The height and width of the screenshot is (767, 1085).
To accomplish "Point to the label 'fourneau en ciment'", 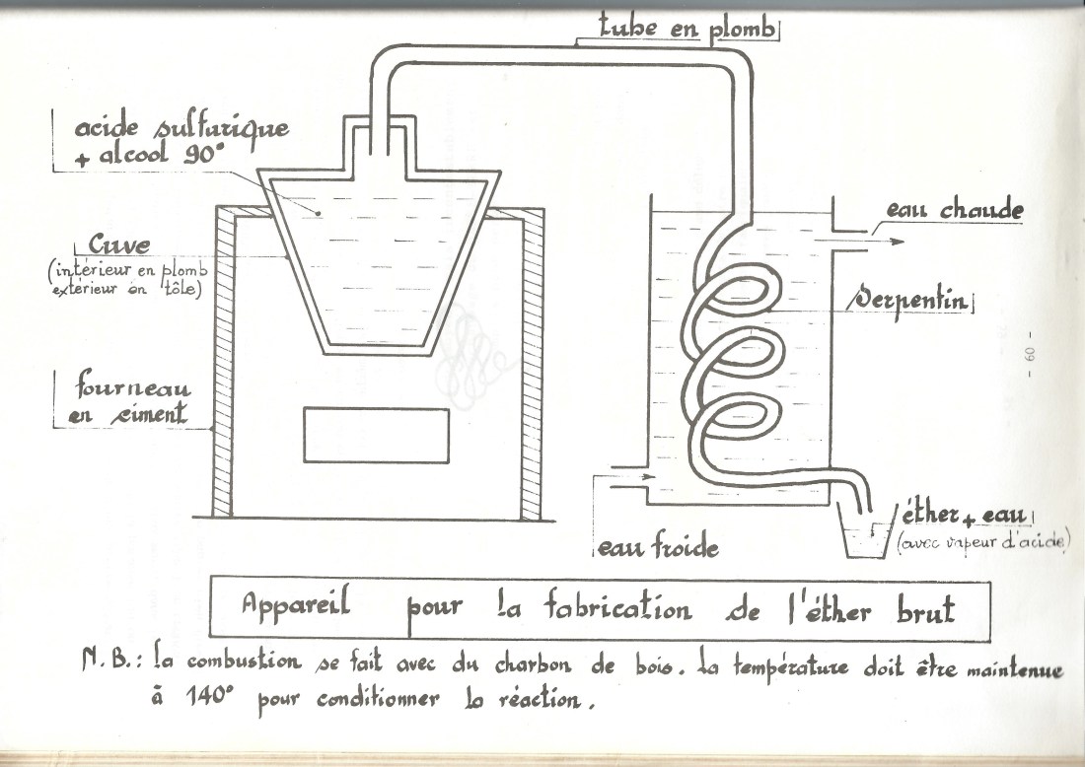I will click(128, 398).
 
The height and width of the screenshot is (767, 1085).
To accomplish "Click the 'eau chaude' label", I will click(953, 210).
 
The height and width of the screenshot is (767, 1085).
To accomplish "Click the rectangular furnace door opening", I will click(376, 435).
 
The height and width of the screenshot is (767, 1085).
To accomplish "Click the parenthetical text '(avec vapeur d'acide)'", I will click(982, 545).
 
